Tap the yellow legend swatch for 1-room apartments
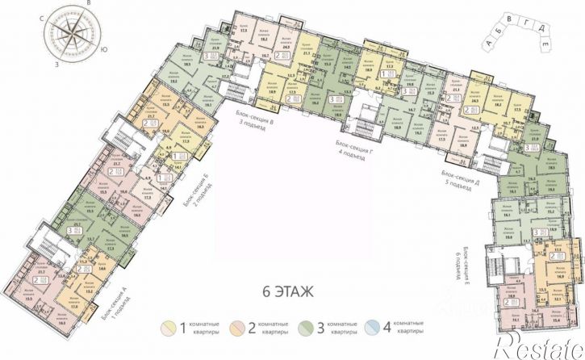(x=170, y=329)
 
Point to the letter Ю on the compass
(x=105, y=49)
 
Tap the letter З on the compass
(x=57, y=61)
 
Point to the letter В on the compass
(x=95, y=5)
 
